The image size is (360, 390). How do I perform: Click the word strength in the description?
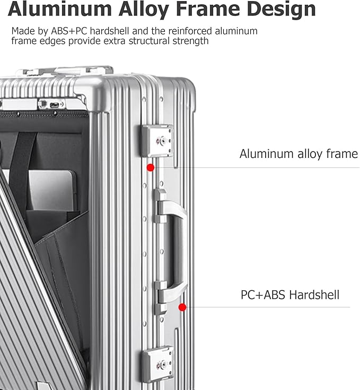click(x=184, y=41)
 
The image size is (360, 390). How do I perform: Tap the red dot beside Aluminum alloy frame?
click(x=151, y=167)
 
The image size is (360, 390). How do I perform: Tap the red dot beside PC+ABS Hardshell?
click(x=182, y=307)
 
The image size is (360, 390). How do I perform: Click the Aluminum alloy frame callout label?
click(x=298, y=154)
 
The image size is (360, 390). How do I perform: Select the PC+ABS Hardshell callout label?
click(x=290, y=295)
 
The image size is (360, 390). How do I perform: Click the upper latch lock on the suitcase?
click(x=157, y=141)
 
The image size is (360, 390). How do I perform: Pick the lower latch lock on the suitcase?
click(x=157, y=364)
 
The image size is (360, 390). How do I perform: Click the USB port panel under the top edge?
click(x=51, y=104)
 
